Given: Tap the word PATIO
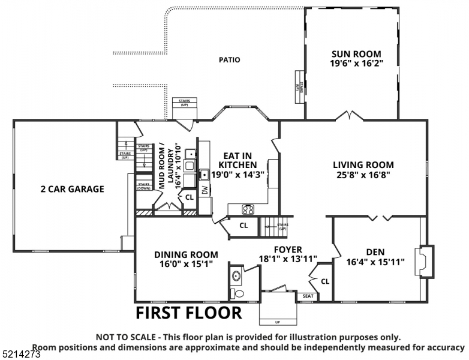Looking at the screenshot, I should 229,60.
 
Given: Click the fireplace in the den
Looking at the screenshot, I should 424,262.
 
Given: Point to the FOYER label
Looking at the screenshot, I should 287,250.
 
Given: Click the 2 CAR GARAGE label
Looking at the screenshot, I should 72,189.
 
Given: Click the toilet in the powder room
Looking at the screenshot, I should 237,293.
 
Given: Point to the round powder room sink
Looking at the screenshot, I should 236,277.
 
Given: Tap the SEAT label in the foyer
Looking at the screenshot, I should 308,296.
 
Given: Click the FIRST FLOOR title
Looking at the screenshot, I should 188,313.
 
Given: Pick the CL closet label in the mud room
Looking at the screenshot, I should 188,197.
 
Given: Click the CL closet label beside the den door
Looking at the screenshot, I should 324,281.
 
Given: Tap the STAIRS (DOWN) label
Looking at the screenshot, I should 144,186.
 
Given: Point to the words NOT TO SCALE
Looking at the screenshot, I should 125,337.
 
